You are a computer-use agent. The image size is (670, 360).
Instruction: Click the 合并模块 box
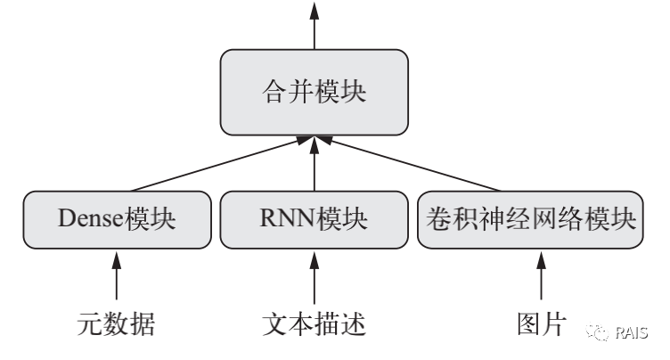coord(315,92)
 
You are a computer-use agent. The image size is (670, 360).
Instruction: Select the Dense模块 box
coord(117,219)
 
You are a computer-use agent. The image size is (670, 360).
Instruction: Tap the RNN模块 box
coord(315,219)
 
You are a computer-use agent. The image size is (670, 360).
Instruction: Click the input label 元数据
coord(117,325)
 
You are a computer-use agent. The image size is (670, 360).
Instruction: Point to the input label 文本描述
coord(315,325)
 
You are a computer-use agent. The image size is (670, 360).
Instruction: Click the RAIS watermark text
coord(633,332)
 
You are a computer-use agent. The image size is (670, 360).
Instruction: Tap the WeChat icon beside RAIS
coord(595,332)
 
